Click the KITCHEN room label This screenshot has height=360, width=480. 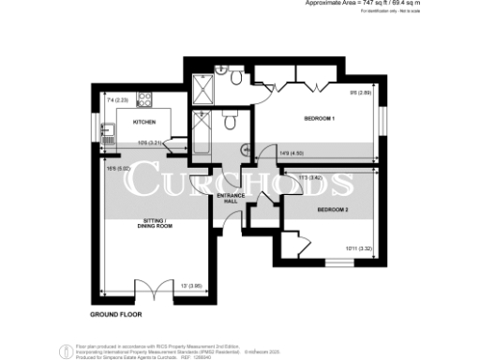coord(143,122)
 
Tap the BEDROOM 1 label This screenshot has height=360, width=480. coord(320,119)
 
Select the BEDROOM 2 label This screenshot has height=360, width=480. coord(332,209)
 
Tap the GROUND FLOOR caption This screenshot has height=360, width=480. coord(115,312)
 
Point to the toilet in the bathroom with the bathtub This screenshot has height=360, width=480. coord(229,122)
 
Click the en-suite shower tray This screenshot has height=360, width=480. coord(200,86)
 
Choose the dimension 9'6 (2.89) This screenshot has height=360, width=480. coord(362,92)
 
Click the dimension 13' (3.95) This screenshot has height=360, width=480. coord(190,285)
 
